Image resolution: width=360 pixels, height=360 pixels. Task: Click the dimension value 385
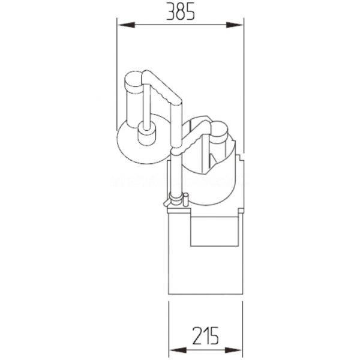pos(180,11)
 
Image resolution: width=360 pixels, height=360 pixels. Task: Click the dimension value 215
pos(205,336)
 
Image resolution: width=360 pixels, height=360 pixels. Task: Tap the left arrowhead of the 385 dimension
pos(126,25)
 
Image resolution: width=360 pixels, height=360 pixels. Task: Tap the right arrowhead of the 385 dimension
pos(235,25)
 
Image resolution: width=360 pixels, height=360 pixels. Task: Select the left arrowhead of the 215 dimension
pos(178,350)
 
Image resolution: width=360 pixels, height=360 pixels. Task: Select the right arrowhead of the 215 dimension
pos(233,350)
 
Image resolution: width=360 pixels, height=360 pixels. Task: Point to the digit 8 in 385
pos(180,11)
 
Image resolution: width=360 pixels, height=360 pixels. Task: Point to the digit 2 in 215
pos(197,336)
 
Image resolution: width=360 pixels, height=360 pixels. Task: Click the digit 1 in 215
pos(206,336)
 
